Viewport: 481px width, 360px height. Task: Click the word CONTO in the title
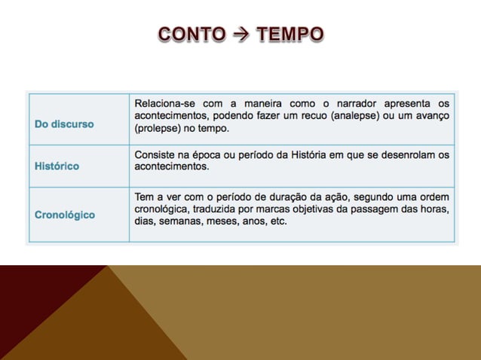(191, 34)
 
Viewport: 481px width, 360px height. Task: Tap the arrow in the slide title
(240, 34)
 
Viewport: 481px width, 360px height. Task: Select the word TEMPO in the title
(290, 34)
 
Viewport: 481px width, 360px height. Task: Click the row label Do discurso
(64, 124)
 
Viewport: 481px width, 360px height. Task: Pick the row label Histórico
(57, 166)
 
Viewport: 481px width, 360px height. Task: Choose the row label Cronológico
(65, 215)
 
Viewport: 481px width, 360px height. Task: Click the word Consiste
(156, 154)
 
